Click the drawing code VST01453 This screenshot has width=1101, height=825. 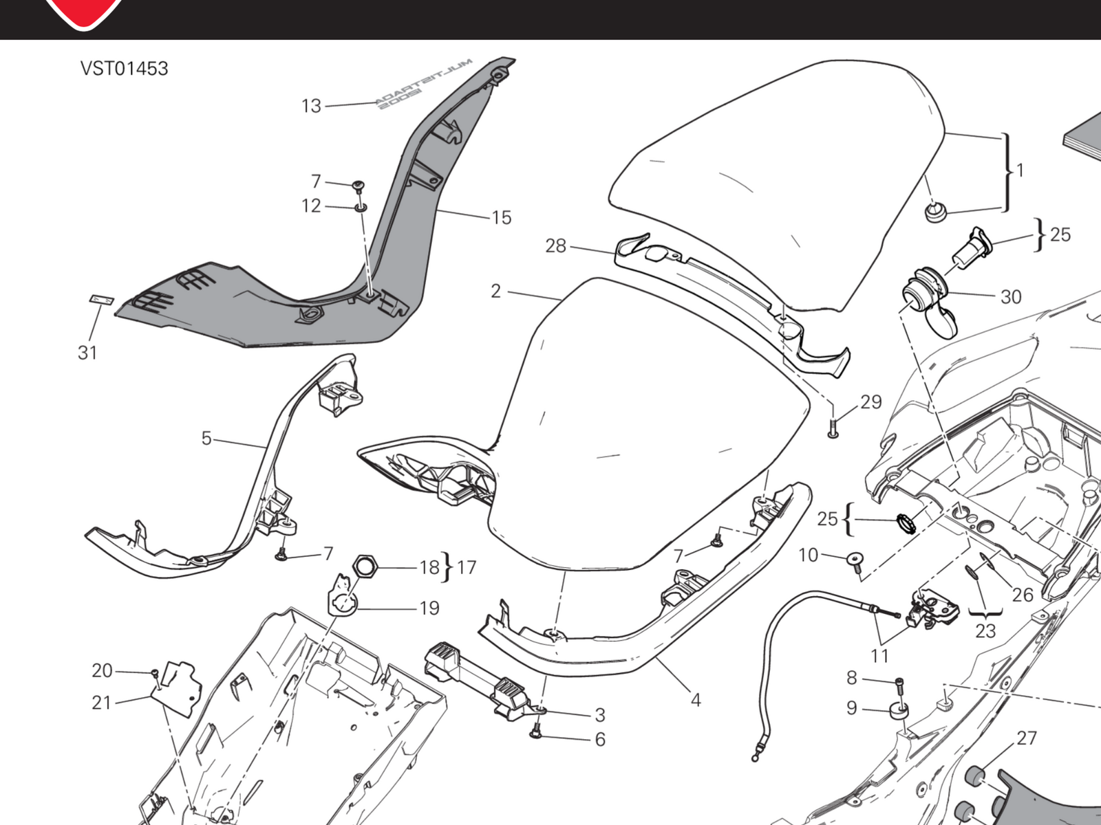[x=124, y=69]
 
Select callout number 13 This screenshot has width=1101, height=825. [x=311, y=106]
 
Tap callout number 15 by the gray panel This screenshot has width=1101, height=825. [x=502, y=218]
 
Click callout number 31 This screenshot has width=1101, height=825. [x=87, y=353]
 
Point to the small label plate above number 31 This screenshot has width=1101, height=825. [x=102, y=300]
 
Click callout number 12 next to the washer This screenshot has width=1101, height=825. [x=311, y=206]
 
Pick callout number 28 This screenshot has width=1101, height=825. [x=555, y=245]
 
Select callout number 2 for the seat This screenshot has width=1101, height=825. [x=495, y=291]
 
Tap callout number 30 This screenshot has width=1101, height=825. [x=1010, y=297]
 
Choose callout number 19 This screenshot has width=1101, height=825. [x=429, y=608]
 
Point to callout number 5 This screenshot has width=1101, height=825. [x=206, y=438]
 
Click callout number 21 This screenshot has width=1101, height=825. [x=101, y=703]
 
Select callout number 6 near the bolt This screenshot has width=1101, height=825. [x=600, y=740]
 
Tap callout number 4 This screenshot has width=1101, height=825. [x=696, y=700]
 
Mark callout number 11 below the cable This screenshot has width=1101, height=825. [x=879, y=656]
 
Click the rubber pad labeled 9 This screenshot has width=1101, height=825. [x=899, y=710]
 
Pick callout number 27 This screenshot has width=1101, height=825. [x=1026, y=738]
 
